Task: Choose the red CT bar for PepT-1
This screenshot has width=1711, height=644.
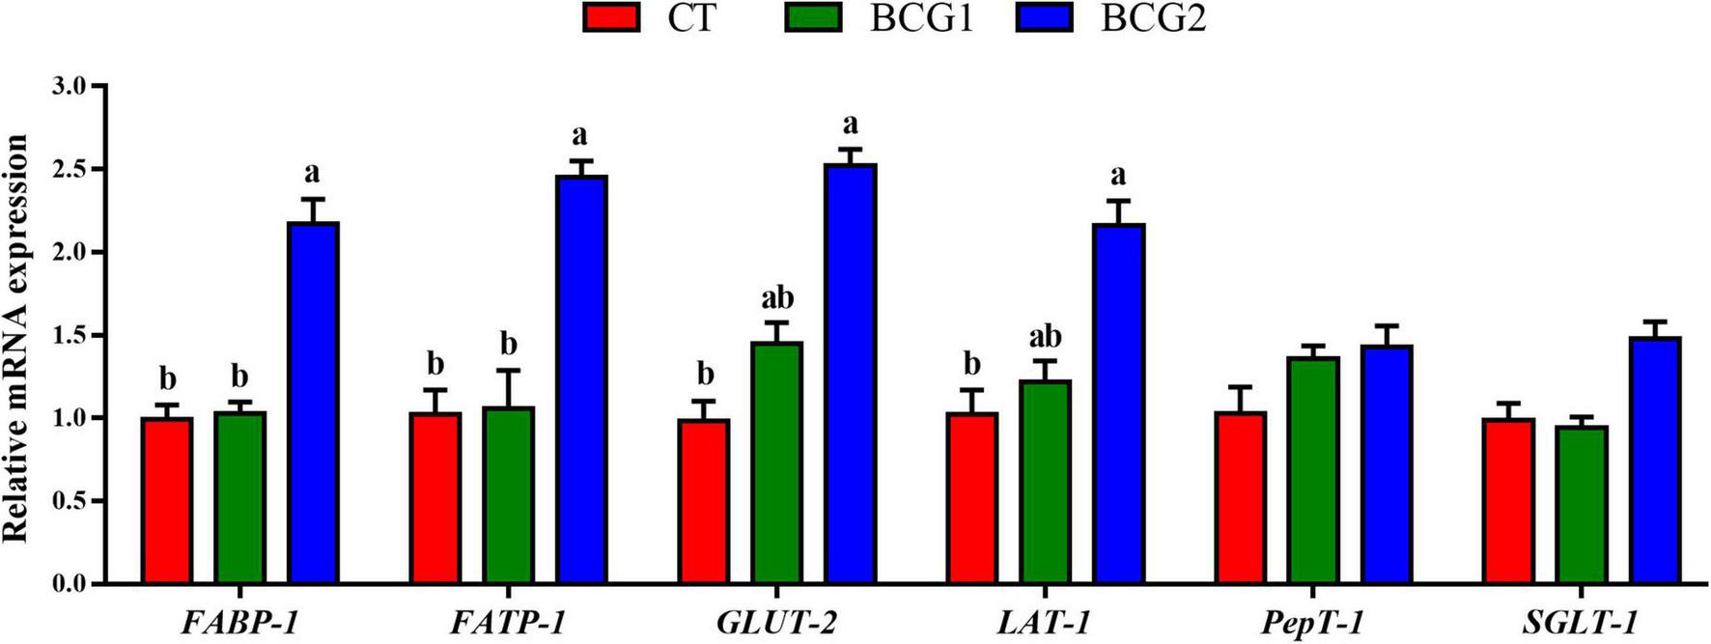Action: (1242, 498)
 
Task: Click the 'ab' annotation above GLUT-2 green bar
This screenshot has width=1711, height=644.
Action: (777, 297)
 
